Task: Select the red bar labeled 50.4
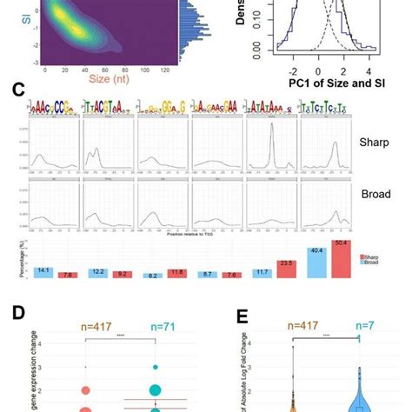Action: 342,262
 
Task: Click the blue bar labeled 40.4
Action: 318,265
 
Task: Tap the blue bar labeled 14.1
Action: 41,276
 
